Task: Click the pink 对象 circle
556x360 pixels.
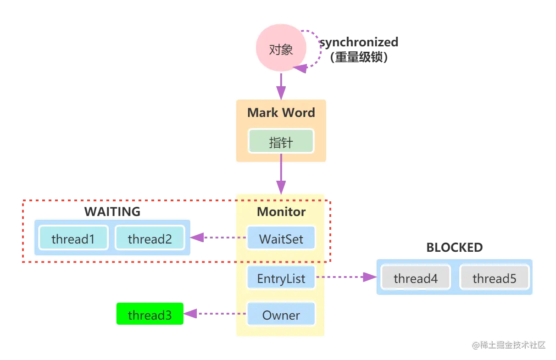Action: [280, 50]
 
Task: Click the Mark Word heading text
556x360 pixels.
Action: [281, 113]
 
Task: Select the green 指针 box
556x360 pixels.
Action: [281, 141]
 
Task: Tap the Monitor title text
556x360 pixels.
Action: [281, 212]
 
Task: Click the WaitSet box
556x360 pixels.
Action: [281, 239]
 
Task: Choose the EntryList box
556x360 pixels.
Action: [281, 278]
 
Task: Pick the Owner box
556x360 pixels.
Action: [281, 315]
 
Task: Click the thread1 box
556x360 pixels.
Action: [73, 238]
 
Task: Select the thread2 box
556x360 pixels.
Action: [150, 238]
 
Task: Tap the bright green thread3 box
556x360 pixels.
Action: [150, 315]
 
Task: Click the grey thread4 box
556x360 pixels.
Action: [415, 278]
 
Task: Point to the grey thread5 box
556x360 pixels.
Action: [494, 278]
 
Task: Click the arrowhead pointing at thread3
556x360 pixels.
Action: [191, 314]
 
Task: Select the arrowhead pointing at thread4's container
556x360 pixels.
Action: [367, 277]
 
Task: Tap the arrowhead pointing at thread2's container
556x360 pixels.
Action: [198, 237]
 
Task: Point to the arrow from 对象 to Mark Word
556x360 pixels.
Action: [281, 87]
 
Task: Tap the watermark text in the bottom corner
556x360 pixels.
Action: [508, 344]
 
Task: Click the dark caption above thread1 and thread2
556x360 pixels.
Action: [112, 211]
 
